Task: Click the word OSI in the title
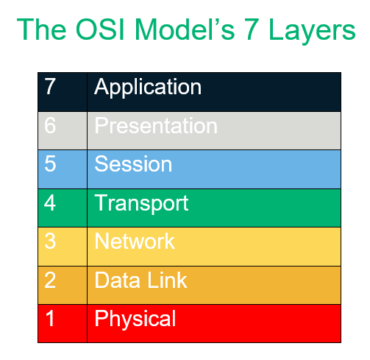(x=100, y=29)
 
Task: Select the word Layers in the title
(x=312, y=32)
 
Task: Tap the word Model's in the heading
(x=185, y=29)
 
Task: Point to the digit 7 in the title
(x=252, y=29)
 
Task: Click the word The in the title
(x=42, y=29)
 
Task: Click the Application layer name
(x=148, y=88)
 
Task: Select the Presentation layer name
(x=156, y=126)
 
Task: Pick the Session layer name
(x=133, y=164)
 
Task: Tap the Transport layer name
(x=141, y=204)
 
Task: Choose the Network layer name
(x=135, y=241)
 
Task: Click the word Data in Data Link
(x=117, y=280)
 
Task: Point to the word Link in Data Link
(x=167, y=280)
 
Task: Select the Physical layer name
(x=135, y=320)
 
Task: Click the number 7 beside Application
(x=50, y=86)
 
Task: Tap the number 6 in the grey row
(x=50, y=125)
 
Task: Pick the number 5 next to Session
(x=50, y=163)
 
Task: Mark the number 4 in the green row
(x=50, y=202)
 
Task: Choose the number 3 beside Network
(x=50, y=241)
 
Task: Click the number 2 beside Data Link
(x=50, y=280)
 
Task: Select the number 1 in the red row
(x=50, y=318)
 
